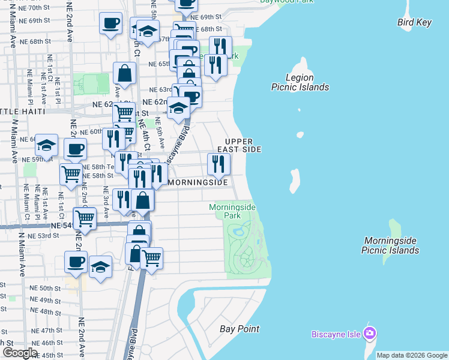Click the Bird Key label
[414, 23]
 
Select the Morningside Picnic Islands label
[390, 245]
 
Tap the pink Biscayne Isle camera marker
[370, 333]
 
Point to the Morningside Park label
[232, 211]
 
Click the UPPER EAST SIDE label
[243, 145]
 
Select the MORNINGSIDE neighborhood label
[198, 182]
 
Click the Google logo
[20, 353]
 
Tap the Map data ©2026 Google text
[411, 355]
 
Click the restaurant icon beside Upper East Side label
[218, 163]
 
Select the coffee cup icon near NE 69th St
[110, 23]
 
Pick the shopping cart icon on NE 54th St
[85, 218]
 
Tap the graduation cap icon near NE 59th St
[46, 145]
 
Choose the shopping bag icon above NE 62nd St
[124, 74]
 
